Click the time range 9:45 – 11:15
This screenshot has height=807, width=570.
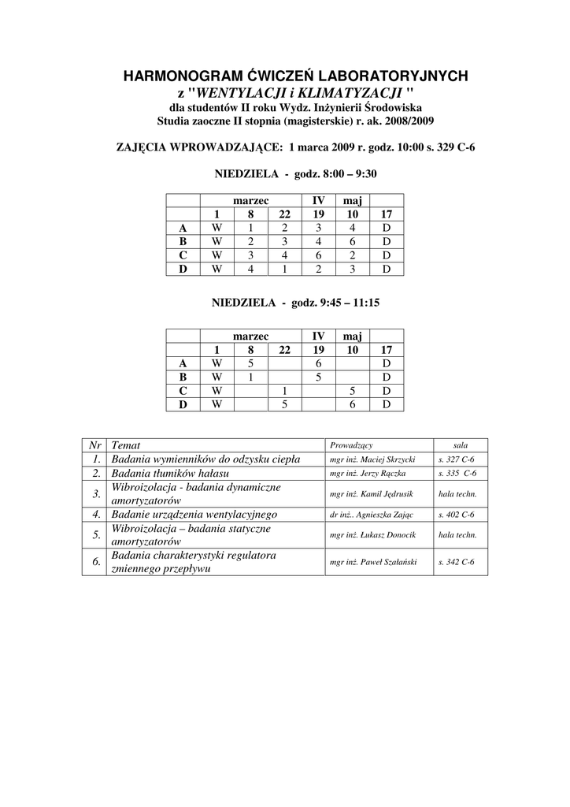click(x=346, y=302)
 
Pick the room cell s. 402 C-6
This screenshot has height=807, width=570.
click(x=457, y=515)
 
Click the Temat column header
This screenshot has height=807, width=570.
click(x=126, y=445)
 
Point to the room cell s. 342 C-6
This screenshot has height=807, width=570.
click(x=457, y=563)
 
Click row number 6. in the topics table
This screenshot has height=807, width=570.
click(x=95, y=563)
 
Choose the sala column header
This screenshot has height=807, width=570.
click(x=461, y=445)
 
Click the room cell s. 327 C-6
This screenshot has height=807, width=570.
click(x=457, y=459)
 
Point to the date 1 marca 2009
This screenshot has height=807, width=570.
click(x=322, y=146)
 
